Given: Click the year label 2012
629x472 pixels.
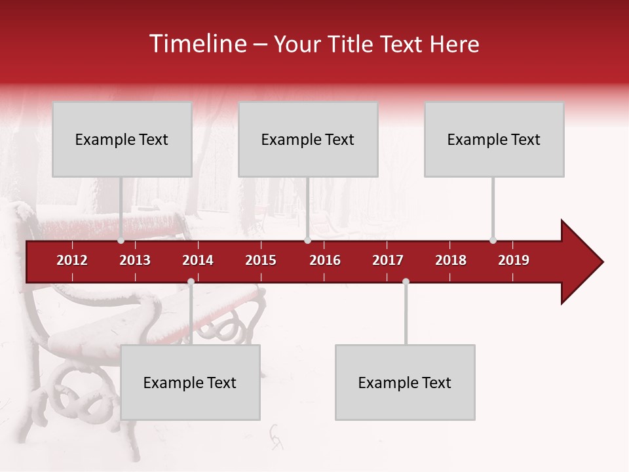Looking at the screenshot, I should [x=72, y=260].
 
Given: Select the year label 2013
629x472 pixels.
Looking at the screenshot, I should [x=135, y=260].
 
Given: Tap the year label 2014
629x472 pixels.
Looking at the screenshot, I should [x=198, y=260].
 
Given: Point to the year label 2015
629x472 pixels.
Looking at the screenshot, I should [x=261, y=260].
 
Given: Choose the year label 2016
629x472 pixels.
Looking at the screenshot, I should [x=325, y=260].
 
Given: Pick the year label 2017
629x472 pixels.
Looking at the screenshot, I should [x=388, y=260].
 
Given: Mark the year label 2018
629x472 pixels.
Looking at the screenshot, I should [x=451, y=260].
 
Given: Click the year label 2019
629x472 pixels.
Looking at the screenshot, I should [x=514, y=260].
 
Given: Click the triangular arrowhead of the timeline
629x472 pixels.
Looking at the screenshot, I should [x=581, y=262].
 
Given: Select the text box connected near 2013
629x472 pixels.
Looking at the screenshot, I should [x=122, y=139].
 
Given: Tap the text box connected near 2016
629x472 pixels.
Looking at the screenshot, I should [x=308, y=139].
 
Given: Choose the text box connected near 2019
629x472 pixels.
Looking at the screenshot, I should [x=494, y=139].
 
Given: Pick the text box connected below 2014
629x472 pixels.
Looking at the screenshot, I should [x=190, y=382].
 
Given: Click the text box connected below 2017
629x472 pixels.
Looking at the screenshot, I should [x=405, y=382].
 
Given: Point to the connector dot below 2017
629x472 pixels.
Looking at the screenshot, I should [x=406, y=282].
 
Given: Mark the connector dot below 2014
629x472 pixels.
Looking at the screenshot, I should [x=191, y=282].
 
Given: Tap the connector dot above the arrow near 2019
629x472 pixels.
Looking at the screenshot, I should [x=493, y=241].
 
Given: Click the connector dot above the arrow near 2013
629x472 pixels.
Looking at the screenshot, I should [x=121, y=241].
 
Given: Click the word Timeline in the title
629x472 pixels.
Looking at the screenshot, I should [x=197, y=44].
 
